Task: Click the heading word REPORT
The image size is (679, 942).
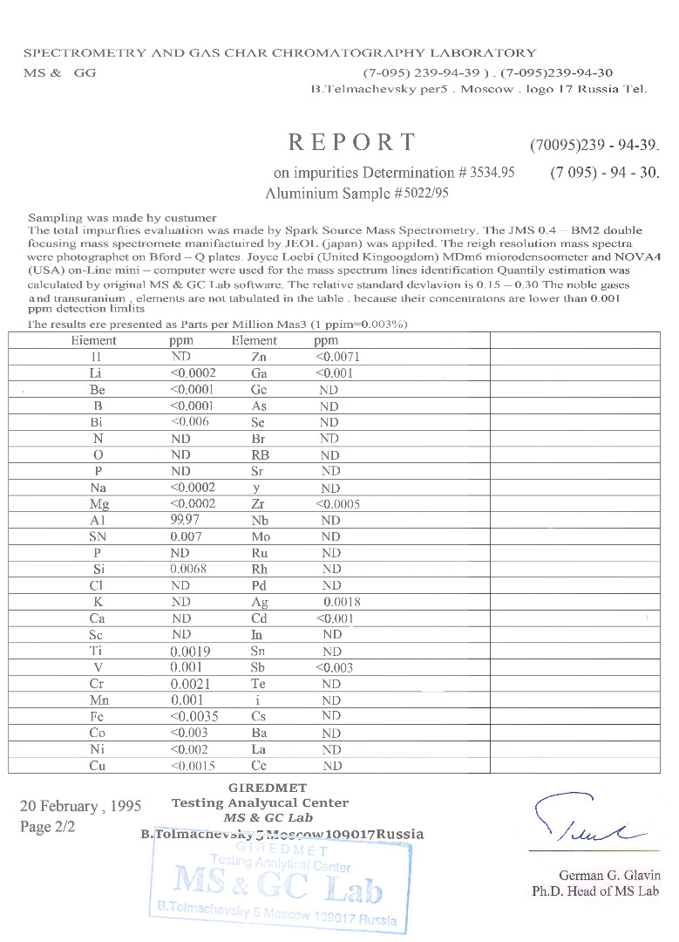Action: click(x=352, y=142)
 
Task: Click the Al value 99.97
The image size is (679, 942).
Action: click(x=187, y=521)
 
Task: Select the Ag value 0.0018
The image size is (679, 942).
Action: click(x=342, y=602)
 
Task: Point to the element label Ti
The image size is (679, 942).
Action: click(x=97, y=651)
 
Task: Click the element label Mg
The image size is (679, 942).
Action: click(x=98, y=504)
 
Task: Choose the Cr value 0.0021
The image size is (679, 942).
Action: click(x=190, y=683)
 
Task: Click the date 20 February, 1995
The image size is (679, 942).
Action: click(x=80, y=806)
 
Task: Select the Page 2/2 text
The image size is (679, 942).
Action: click(x=48, y=827)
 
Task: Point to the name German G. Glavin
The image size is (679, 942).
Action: click(x=609, y=876)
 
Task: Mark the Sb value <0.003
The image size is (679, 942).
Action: click(x=336, y=667)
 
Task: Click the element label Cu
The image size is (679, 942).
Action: click(x=97, y=766)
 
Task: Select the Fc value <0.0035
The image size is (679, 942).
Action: click(x=194, y=716)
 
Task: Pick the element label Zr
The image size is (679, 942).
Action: click(x=257, y=504)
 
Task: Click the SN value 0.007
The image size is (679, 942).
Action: click(x=185, y=537)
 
